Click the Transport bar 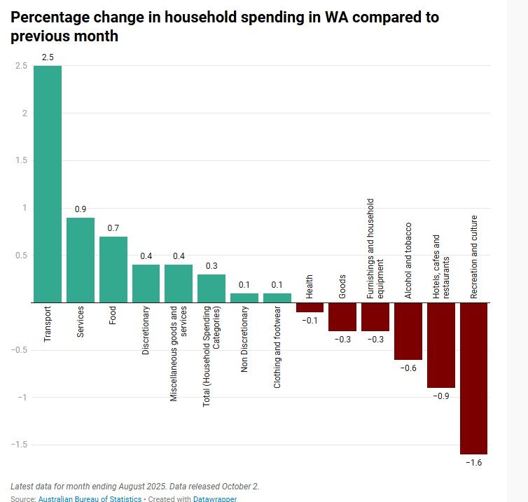[x=48, y=183]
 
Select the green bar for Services [x=81, y=260]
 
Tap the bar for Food [x=113, y=270]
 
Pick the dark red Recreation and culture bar [x=474, y=378]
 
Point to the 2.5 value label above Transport [x=48, y=57]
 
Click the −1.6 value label [x=474, y=463]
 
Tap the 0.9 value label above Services [x=81, y=209]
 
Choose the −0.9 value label [x=441, y=396]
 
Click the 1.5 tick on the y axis [x=21, y=160]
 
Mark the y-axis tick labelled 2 [x=25, y=113]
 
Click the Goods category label [x=342, y=290]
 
